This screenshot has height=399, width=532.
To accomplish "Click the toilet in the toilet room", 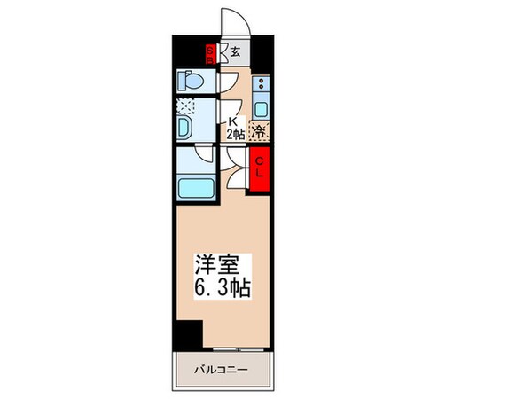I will [x=191, y=80].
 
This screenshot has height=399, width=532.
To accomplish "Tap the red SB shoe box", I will [x=211, y=52].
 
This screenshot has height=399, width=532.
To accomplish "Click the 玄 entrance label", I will [x=236, y=51].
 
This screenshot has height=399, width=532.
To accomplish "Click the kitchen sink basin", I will [x=262, y=108].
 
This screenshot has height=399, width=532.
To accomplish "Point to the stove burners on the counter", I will [x=262, y=86].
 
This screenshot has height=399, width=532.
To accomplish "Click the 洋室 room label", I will [x=216, y=264].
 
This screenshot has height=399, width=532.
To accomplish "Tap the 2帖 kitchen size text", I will [x=234, y=135].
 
